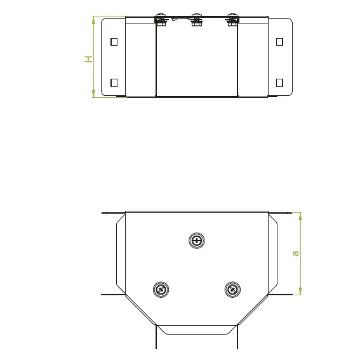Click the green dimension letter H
88,59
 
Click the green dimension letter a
296,253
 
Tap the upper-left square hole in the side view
114,42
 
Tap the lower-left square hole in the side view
114,83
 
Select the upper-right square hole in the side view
279,42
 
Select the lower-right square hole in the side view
279,83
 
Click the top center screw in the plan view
197,241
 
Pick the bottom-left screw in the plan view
161,290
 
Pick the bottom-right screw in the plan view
232,290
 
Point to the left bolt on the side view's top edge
161,20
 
